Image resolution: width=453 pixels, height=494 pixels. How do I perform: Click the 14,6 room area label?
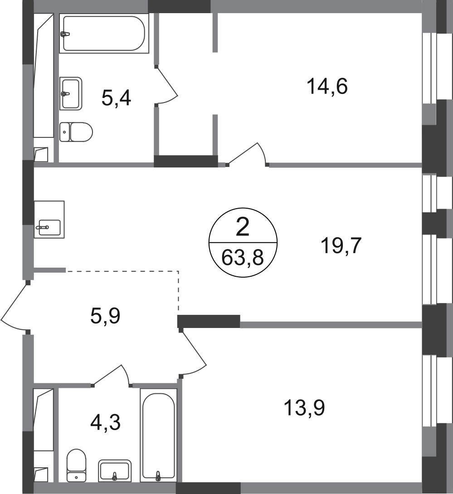[327, 87]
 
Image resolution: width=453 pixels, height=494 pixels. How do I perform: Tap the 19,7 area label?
[341, 245]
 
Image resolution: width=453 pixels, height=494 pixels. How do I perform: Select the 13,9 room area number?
[304, 408]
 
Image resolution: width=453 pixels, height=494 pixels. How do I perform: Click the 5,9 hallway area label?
[105, 316]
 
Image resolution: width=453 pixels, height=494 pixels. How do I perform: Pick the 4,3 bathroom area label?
[105, 422]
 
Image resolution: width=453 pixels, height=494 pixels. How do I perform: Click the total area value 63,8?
[243, 258]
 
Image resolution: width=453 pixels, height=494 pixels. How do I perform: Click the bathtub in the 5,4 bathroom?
[104, 34]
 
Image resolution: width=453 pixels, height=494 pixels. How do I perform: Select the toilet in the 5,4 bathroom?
[76, 132]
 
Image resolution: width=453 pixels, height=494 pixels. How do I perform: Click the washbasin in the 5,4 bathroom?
[71, 93]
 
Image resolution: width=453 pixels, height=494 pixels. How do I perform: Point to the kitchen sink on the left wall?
[49, 219]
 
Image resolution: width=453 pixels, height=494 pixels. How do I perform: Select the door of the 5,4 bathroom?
[167, 85]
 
